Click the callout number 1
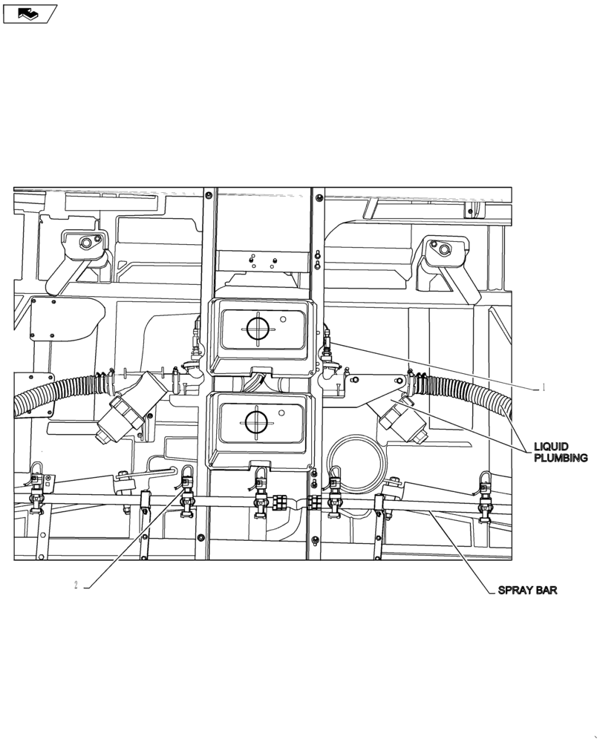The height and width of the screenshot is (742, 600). [x=544, y=387]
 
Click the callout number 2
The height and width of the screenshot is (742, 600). [x=76, y=585]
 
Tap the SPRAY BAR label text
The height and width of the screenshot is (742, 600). [x=526, y=591]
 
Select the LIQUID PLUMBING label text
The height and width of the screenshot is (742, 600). [x=561, y=452]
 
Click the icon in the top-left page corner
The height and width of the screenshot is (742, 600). [x=30, y=13]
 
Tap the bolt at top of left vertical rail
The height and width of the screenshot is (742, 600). [x=206, y=196]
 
